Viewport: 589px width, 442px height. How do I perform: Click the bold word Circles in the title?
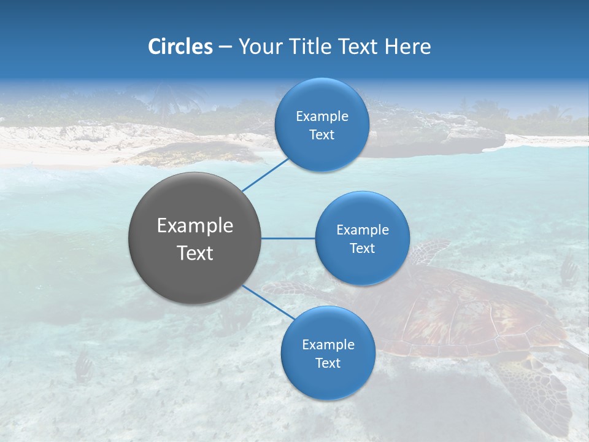point(180,47)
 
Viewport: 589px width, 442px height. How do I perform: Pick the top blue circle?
point(321,125)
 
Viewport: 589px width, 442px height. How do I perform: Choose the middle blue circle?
point(362,238)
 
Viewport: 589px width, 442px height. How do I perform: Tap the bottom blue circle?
point(328,353)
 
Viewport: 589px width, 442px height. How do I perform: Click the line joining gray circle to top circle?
point(266,174)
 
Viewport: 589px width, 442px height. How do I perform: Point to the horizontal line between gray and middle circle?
point(288,238)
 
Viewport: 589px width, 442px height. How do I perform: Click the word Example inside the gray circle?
point(195,226)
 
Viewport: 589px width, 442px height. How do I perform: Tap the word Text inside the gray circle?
point(195,253)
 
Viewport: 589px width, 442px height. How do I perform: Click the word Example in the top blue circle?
point(321,116)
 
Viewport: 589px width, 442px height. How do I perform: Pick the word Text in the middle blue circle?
point(362,248)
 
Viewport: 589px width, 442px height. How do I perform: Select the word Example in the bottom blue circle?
point(328,344)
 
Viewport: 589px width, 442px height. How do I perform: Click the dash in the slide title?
point(225,47)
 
